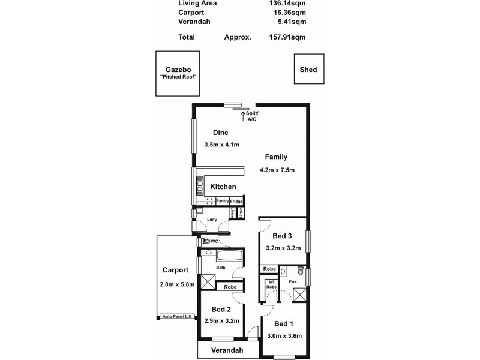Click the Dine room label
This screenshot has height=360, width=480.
[x=221, y=133]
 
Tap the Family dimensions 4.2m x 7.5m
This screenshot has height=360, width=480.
[x=277, y=169]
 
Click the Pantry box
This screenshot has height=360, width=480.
[x=223, y=201]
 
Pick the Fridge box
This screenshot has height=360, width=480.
[x=237, y=201]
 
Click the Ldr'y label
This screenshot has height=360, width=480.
[x=211, y=220]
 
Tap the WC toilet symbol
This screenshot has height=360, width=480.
[x=206, y=241]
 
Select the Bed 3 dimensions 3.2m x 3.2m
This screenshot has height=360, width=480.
[x=282, y=248]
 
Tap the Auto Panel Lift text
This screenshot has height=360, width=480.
[x=176, y=316]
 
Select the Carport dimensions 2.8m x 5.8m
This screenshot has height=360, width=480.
[x=177, y=284]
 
